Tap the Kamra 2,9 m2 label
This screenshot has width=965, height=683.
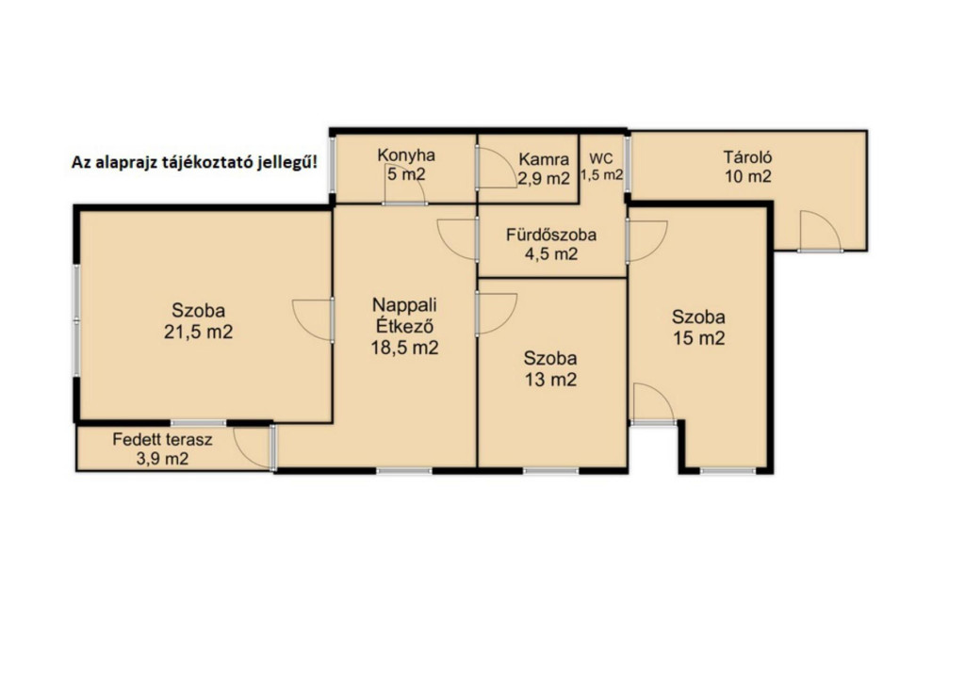(x=544, y=169)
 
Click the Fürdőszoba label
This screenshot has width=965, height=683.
(x=551, y=235)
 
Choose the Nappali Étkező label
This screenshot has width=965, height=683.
(x=405, y=315)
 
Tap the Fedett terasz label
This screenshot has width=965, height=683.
(x=162, y=439)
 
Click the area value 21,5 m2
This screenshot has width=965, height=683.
(x=198, y=333)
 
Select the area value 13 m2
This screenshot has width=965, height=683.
(x=550, y=380)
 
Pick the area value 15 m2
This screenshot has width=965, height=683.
(x=698, y=338)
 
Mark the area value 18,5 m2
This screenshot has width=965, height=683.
(x=404, y=349)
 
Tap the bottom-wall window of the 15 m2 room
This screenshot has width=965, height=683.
(x=728, y=471)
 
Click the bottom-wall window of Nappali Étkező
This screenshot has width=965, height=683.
(x=404, y=471)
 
